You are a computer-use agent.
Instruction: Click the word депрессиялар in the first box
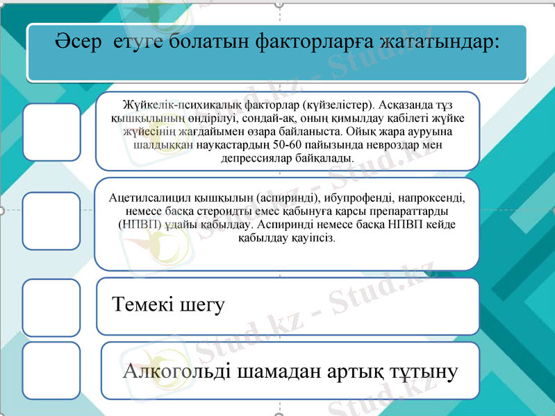256,158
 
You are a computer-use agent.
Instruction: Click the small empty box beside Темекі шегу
51,306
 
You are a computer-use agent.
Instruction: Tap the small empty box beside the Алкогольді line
51,370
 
